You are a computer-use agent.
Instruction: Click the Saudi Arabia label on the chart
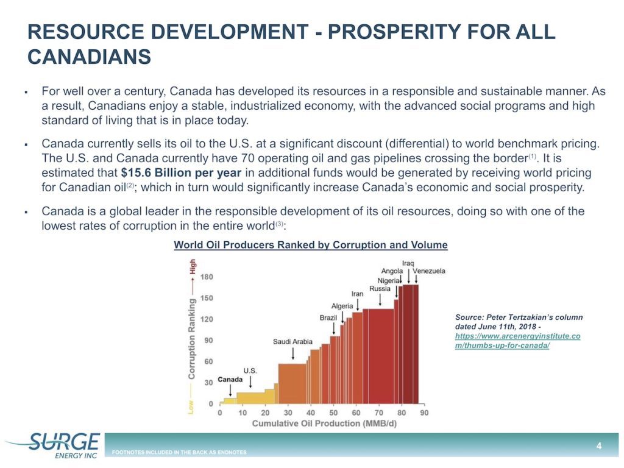point(292,341)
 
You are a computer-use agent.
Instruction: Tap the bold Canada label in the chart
point(230,379)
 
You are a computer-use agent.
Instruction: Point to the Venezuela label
point(428,271)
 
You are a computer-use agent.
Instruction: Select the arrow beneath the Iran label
point(357,305)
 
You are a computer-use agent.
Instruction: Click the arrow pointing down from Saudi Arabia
point(293,353)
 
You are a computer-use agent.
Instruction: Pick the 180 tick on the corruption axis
point(207,277)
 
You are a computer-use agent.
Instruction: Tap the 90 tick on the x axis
point(424,413)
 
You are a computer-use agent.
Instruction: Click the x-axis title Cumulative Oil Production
point(324,424)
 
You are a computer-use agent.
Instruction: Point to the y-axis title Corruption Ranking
point(192,339)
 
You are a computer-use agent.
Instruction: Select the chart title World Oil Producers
point(311,245)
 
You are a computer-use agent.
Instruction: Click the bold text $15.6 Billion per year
point(181,172)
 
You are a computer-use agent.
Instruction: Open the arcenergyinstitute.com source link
point(518,341)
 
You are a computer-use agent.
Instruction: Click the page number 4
point(599,445)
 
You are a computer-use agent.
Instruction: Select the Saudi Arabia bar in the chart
point(292,384)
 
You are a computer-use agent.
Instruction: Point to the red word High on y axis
point(192,266)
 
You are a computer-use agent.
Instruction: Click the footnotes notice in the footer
point(179,452)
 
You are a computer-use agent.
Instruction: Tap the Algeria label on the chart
point(342,306)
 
